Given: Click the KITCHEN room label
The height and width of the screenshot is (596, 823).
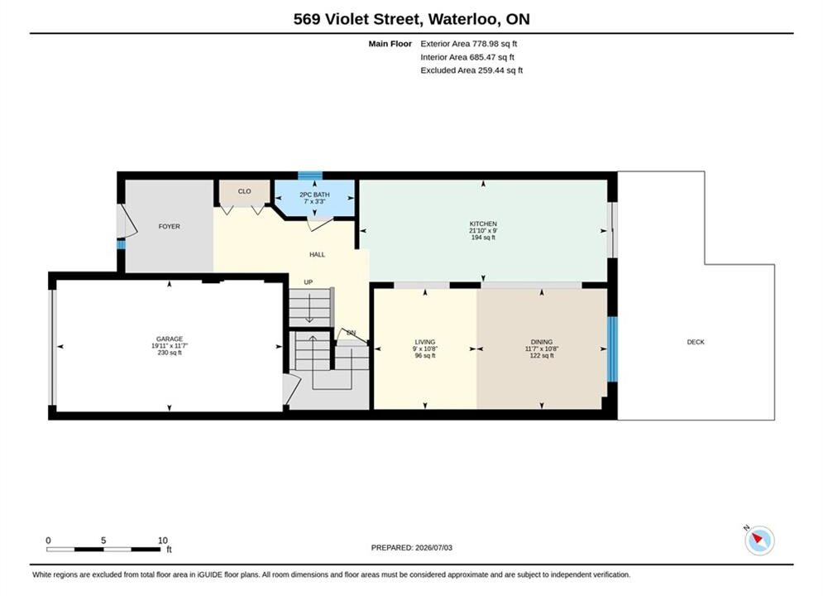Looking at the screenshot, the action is tap(483, 223).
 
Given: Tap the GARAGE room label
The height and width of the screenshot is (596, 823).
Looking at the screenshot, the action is tap(170, 339).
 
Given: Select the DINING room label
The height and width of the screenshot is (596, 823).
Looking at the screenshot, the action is tap(542, 342).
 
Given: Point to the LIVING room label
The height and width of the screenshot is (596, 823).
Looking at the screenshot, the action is tap(424, 342).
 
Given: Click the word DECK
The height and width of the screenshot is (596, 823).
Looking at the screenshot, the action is tap(696, 342).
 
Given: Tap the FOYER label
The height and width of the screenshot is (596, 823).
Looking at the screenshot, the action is tap(169, 226).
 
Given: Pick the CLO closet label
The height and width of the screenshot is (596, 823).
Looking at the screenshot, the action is tap(245, 191).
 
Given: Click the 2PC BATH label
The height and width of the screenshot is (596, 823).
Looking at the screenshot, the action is tap(314, 195).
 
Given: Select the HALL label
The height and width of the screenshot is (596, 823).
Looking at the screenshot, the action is tap(317, 255).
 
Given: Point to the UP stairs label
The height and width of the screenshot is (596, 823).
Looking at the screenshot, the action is tap(308, 282).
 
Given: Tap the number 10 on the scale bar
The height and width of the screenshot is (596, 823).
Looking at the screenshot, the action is tap(163, 541).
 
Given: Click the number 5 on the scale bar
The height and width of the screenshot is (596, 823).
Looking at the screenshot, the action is tap(103, 541).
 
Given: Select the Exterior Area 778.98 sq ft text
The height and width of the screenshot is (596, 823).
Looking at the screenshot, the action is tap(469, 44).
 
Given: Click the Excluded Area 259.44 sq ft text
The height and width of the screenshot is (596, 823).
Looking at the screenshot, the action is tap(471, 70).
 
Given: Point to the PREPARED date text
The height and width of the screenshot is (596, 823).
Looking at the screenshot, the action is tap(412, 548).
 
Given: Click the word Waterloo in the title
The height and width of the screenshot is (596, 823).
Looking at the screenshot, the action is tap(463, 19).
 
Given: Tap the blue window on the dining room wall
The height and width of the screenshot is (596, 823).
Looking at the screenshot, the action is tap(612, 348).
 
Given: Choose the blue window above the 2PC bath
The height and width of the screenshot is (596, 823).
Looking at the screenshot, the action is tap(309, 175).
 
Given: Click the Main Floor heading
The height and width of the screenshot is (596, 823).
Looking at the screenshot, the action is tap(390, 44).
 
